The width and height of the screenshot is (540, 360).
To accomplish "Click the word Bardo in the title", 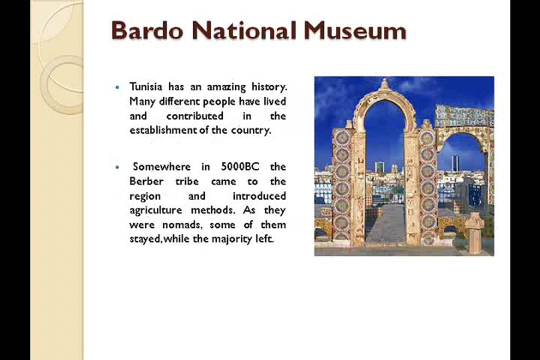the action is coord(147,30).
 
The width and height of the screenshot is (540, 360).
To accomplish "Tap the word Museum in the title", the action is coord(355,30).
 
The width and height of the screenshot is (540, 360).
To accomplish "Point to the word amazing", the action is coord(226,87).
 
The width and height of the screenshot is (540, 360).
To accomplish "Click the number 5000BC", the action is coord(240,166).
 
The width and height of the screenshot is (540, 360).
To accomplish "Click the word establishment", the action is coord(164,130).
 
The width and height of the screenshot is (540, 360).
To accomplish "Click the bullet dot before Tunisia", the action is coord(118,87).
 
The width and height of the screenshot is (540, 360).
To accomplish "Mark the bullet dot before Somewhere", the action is coord(118,167).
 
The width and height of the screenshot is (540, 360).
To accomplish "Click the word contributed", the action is coord(195,116).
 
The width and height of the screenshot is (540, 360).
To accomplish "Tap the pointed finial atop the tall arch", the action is coord(384,83).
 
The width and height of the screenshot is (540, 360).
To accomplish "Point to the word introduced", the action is coord(259,196).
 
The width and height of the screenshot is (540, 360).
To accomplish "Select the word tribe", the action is coord(187,181).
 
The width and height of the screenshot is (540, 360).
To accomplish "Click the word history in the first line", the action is coord(269,87).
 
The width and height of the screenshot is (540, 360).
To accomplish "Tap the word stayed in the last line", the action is coord(145,239).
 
